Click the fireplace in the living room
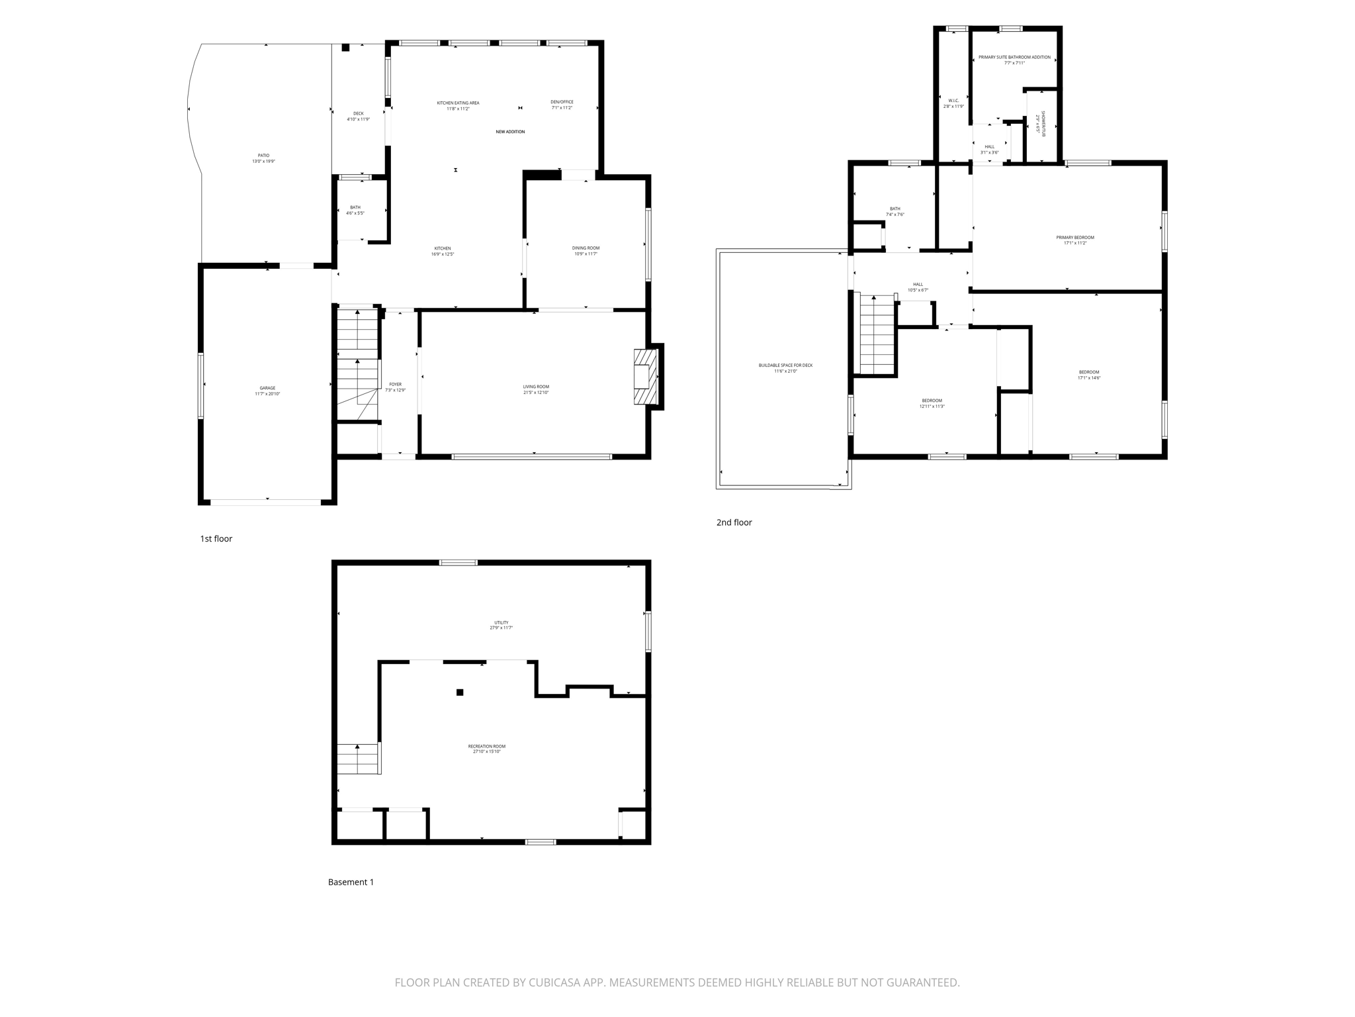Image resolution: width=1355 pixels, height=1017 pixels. [646, 377]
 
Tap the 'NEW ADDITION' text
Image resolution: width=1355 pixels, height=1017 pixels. [510, 132]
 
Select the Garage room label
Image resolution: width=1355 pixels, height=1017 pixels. [267, 391]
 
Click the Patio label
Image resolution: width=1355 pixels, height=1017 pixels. [263, 158]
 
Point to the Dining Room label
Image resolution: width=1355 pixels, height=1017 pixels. [586, 250]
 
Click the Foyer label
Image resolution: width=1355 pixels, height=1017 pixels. [395, 387]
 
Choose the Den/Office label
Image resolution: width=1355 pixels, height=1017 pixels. [562, 105]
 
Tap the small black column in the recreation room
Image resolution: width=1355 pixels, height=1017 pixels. [460, 693]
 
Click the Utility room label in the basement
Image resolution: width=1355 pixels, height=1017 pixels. [501, 624]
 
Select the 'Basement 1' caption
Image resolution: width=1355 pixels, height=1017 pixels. [351, 882]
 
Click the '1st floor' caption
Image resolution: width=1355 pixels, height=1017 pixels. [216, 539]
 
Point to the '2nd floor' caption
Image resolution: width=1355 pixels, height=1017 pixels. [734, 522]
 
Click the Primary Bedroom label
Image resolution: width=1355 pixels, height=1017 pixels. [1074, 240]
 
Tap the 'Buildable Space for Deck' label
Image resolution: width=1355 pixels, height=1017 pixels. [785, 367]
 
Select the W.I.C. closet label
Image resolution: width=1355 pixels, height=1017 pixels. [953, 103]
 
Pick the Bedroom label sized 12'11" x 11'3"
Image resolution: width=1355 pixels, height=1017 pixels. [932, 403]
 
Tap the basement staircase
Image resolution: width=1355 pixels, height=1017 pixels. [358, 759]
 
